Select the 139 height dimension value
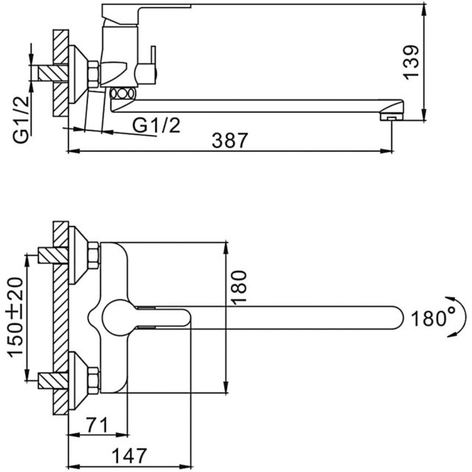(x=413, y=61)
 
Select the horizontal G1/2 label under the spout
(x=156, y=125)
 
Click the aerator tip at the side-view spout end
(x=390, y=116)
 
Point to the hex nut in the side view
(x=94, y=74)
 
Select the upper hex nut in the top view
(x=93, y=257)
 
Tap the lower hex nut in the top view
(x=93, y=380)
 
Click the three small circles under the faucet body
(x=122, y=94)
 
